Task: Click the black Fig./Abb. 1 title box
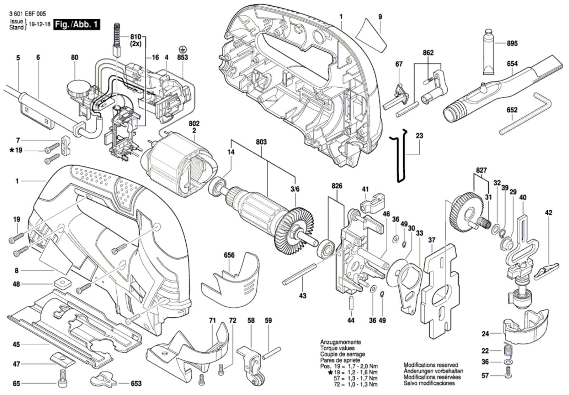pyautogui.click(x=76, y=25)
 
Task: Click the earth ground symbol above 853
pyautogui.click(x=182, y=49)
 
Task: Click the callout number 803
pyautogui.click(x=261, y=142)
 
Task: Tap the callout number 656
pyautogui.click(x=229, y=255)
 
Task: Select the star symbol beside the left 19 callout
pyautogui.click(x=12, y=150)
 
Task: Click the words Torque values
pyautogui.click(x=337, y=348)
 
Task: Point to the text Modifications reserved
pyautogui.click(x=431, y=365)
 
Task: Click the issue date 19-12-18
pyautogui.click(x=39, y=25)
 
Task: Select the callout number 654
pyautogui.click(x=512, y=64)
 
